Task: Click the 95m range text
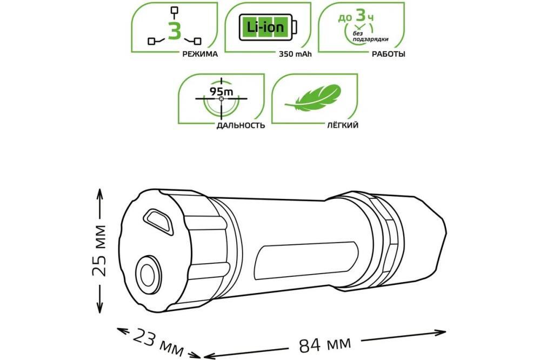222,91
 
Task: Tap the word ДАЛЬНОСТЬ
241,125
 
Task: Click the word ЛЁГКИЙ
342,125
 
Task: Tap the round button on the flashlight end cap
146,274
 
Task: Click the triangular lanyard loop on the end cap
157,219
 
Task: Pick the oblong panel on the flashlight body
302,253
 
